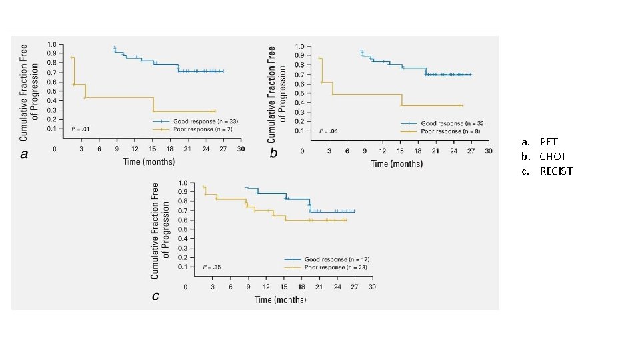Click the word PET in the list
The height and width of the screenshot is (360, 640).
[549, 142]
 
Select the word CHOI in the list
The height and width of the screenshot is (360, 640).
[553, 157]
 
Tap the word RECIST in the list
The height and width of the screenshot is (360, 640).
[556, 171]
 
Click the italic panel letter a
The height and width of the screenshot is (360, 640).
[25, 155]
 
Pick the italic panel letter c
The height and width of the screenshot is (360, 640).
[155, 296]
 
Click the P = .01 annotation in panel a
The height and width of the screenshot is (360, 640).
[81, 128]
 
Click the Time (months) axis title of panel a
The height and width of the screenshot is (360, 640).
[148, 162]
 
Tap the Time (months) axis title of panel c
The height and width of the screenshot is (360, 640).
[281, 299]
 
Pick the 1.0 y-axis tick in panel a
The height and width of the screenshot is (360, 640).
[51, 45]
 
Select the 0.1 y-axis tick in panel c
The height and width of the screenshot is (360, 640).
[182, 267]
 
